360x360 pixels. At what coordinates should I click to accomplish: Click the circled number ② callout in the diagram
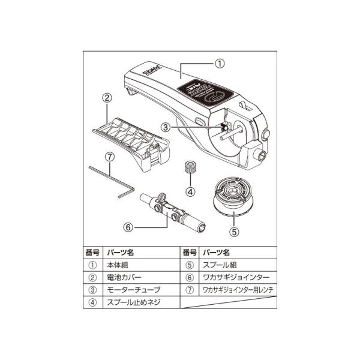click(106, 97)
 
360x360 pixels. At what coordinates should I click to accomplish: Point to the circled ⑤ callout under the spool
click(233, 230)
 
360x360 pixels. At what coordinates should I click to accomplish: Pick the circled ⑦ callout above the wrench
click(109, 157)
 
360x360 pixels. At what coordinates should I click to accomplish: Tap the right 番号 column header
click(190, 252)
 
